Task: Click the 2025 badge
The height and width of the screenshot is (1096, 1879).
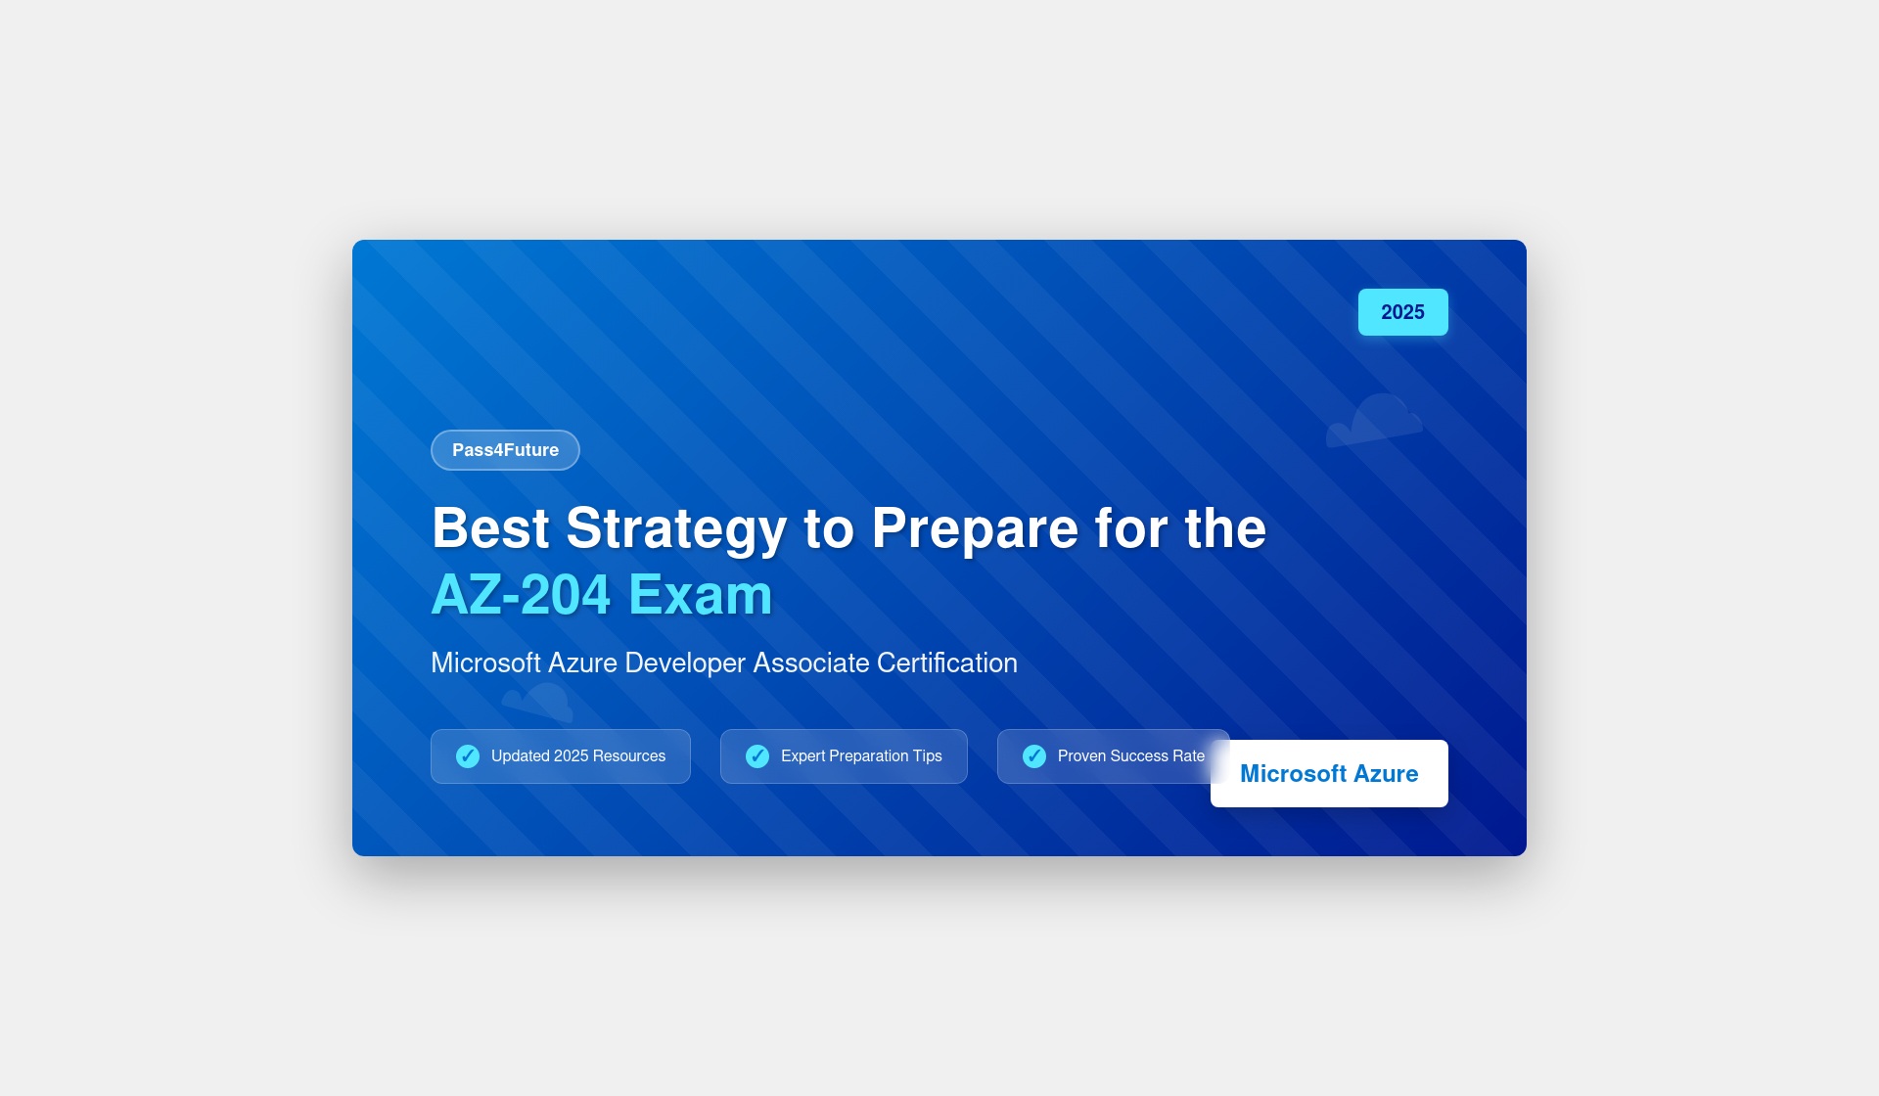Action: (1402, 312)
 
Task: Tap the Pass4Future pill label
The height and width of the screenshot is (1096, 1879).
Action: (505, 450)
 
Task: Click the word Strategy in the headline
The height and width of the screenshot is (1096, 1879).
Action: (676, 529)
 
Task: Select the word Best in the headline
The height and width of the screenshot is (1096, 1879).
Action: (490, 528)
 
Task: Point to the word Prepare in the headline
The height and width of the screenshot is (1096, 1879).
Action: (975, 529)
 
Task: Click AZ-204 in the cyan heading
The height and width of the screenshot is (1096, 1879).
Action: (521, 594)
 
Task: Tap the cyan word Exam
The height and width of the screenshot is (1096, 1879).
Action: (701, 594)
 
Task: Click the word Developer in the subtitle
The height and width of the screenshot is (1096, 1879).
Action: (685, 663)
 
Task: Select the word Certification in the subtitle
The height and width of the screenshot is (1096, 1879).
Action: (947, 662)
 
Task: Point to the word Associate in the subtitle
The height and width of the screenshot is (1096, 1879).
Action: (811, 662)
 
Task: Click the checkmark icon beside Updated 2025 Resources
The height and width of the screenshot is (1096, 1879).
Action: (468, 756)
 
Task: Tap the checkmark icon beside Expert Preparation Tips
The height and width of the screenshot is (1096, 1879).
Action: (757, 756)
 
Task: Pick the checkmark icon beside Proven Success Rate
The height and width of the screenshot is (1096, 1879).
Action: (1034, 756)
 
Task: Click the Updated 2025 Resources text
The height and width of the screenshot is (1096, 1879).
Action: (578, 756)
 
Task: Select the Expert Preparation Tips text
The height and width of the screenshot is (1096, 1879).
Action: (861, 756)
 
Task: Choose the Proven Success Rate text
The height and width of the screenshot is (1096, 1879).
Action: (1131, 756)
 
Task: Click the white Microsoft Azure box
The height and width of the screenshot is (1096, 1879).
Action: (1329, 773)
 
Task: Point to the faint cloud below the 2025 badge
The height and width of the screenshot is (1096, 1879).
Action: (1375, 422)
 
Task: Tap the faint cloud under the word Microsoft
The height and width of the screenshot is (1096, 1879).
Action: (538, 703)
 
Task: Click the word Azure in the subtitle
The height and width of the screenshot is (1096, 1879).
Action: (582, 662)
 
